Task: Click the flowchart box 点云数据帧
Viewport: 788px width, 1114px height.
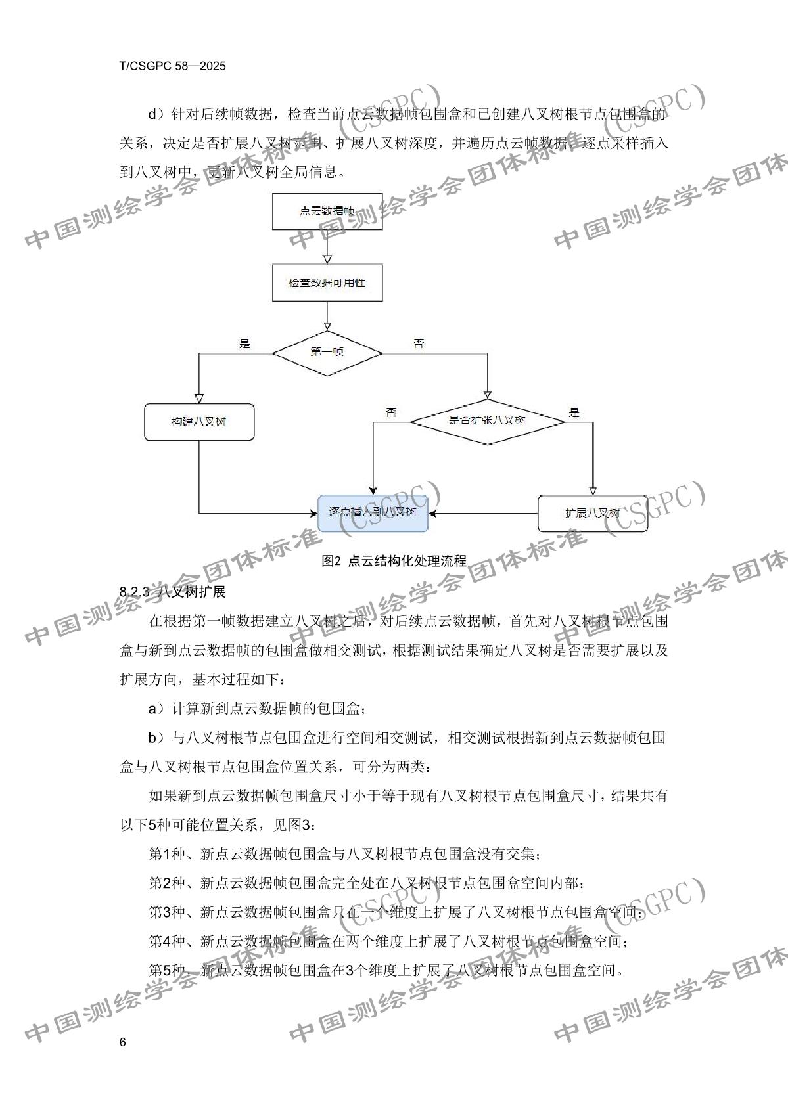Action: click(x=327, y=211)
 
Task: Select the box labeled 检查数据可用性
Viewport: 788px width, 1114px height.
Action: click(x=327, y=282)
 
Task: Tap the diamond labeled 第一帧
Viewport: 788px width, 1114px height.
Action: click(x=327, y=353)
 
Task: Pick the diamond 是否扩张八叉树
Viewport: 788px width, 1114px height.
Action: click(x=488, y=420)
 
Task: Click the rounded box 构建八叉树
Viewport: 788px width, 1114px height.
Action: click(x=198, y=422)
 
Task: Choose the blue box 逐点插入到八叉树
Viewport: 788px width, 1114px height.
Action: click(x=373, y=512)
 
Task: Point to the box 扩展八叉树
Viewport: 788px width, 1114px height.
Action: click(x=592, y=513)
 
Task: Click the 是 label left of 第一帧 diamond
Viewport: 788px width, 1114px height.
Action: click(x=245, y=344)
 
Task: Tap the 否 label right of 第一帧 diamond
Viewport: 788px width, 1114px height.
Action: click(x=418, y=344)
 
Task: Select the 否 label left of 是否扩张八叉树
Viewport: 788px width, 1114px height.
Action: click(x=391, y=412)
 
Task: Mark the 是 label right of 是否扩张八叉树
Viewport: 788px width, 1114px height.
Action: click(x=574, y=412)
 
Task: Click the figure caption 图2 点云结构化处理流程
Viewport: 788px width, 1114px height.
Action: click(x=394, y=561)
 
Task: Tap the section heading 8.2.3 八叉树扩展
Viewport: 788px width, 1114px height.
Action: click(x=173, y=591)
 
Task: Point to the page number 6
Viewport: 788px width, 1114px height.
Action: click(x=123, y=1043)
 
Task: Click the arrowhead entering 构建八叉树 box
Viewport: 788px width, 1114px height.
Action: click(x=198, y=398)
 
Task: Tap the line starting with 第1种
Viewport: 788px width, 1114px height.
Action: click(x=345, y=854)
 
